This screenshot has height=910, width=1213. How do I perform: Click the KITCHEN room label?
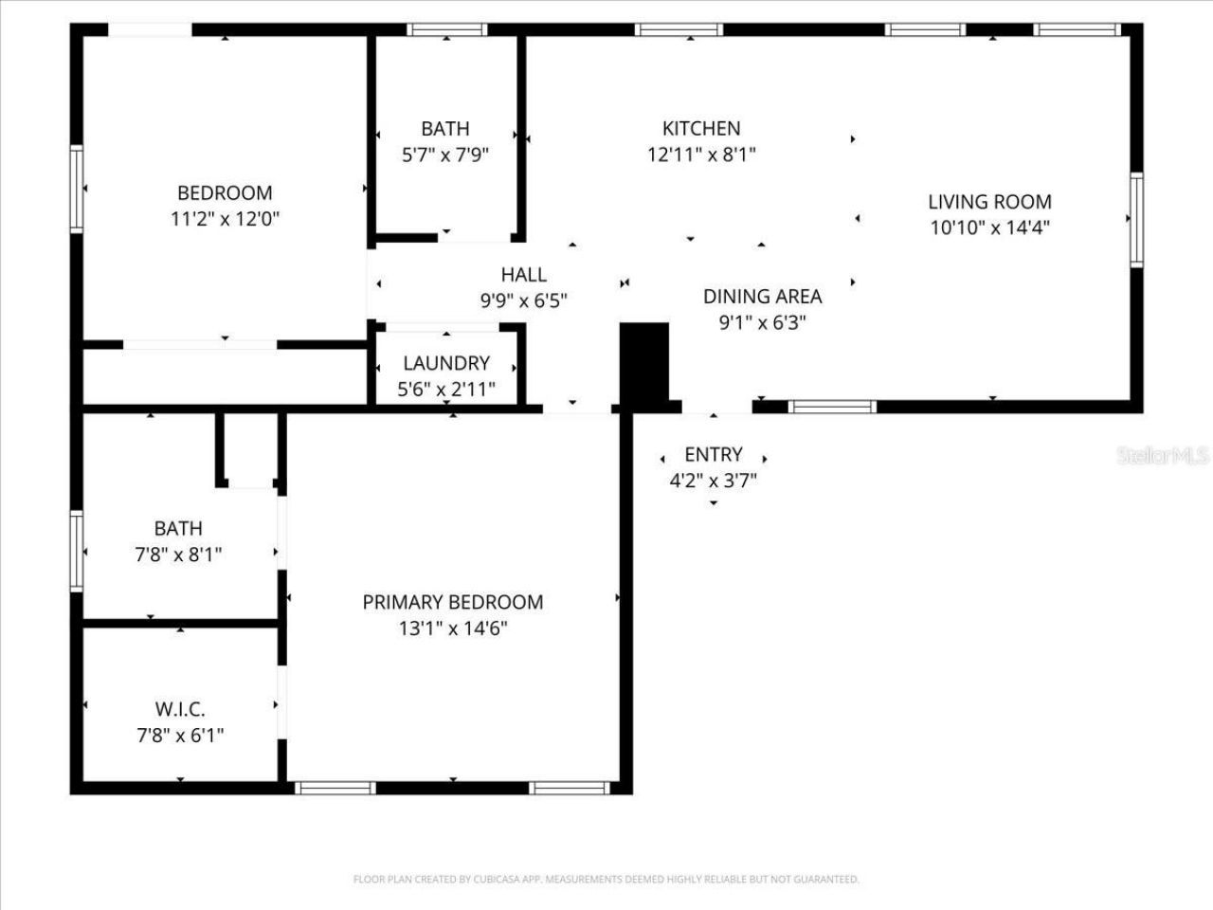[701, 128]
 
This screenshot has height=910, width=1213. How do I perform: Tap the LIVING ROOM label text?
[989, 201]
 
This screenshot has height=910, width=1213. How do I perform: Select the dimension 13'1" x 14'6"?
[453, 628]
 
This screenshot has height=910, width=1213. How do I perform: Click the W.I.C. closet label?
[180, 709]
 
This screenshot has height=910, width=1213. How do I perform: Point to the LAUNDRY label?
[446, 363]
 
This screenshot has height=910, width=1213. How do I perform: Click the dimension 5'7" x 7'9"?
[445, 155]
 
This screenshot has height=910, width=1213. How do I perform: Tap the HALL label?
[523, 275]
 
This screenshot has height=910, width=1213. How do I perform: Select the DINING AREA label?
[762, 296]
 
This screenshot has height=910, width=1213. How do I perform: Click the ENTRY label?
[714, 454]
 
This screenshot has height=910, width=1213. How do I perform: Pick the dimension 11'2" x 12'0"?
[225, 219]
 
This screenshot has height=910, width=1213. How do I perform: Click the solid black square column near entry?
[644, 362]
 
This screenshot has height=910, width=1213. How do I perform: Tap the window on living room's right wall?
[1136, 220]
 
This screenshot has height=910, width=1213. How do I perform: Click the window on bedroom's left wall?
[77, 189]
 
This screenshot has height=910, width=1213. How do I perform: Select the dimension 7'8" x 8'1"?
[178, 555]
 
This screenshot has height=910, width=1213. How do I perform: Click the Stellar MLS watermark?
[1163, 456]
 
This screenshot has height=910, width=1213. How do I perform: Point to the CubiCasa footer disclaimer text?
[606, 880]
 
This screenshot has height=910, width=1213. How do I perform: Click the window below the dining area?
[833, 408]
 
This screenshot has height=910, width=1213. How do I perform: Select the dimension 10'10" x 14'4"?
[989, 227]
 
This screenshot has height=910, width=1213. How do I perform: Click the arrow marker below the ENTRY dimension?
[714, 503]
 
